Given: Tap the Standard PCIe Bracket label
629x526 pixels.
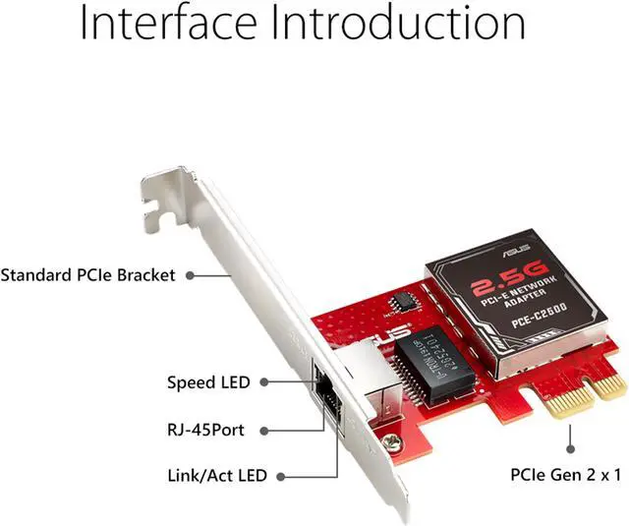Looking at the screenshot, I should click(87, 275).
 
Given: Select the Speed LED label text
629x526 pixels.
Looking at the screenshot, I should click(207, 381).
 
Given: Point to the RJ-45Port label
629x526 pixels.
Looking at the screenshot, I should click(205, 429).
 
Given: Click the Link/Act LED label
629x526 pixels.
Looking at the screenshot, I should click(216, 476).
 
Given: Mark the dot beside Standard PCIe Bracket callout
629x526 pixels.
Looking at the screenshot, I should click(190, 275).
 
